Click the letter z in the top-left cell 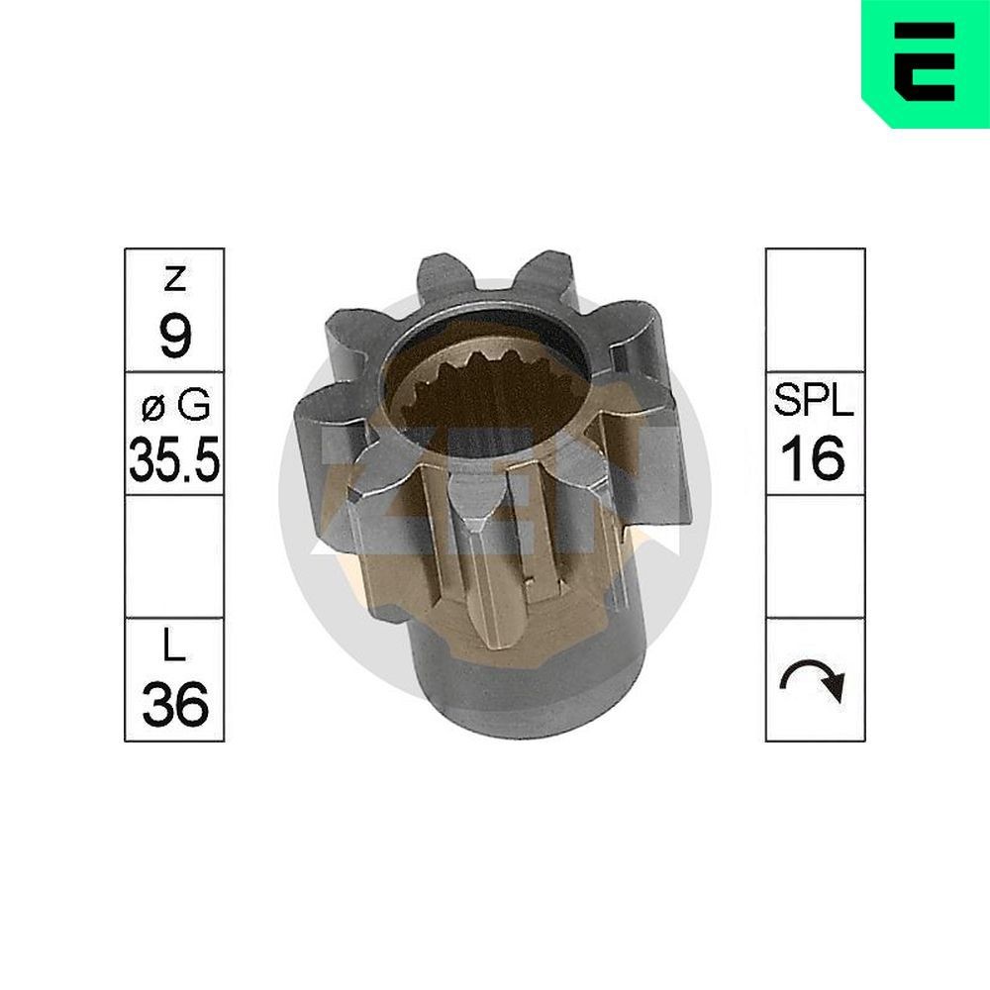tap(174, 281)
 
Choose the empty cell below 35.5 tap(174, 556)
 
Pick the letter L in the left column tap(174, 649)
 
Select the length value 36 tap(174, 705)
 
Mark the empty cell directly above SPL tap(815, 310)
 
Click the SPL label tap(815, 404)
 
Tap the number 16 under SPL tap(815, 458)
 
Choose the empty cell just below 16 tap(815, 556)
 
